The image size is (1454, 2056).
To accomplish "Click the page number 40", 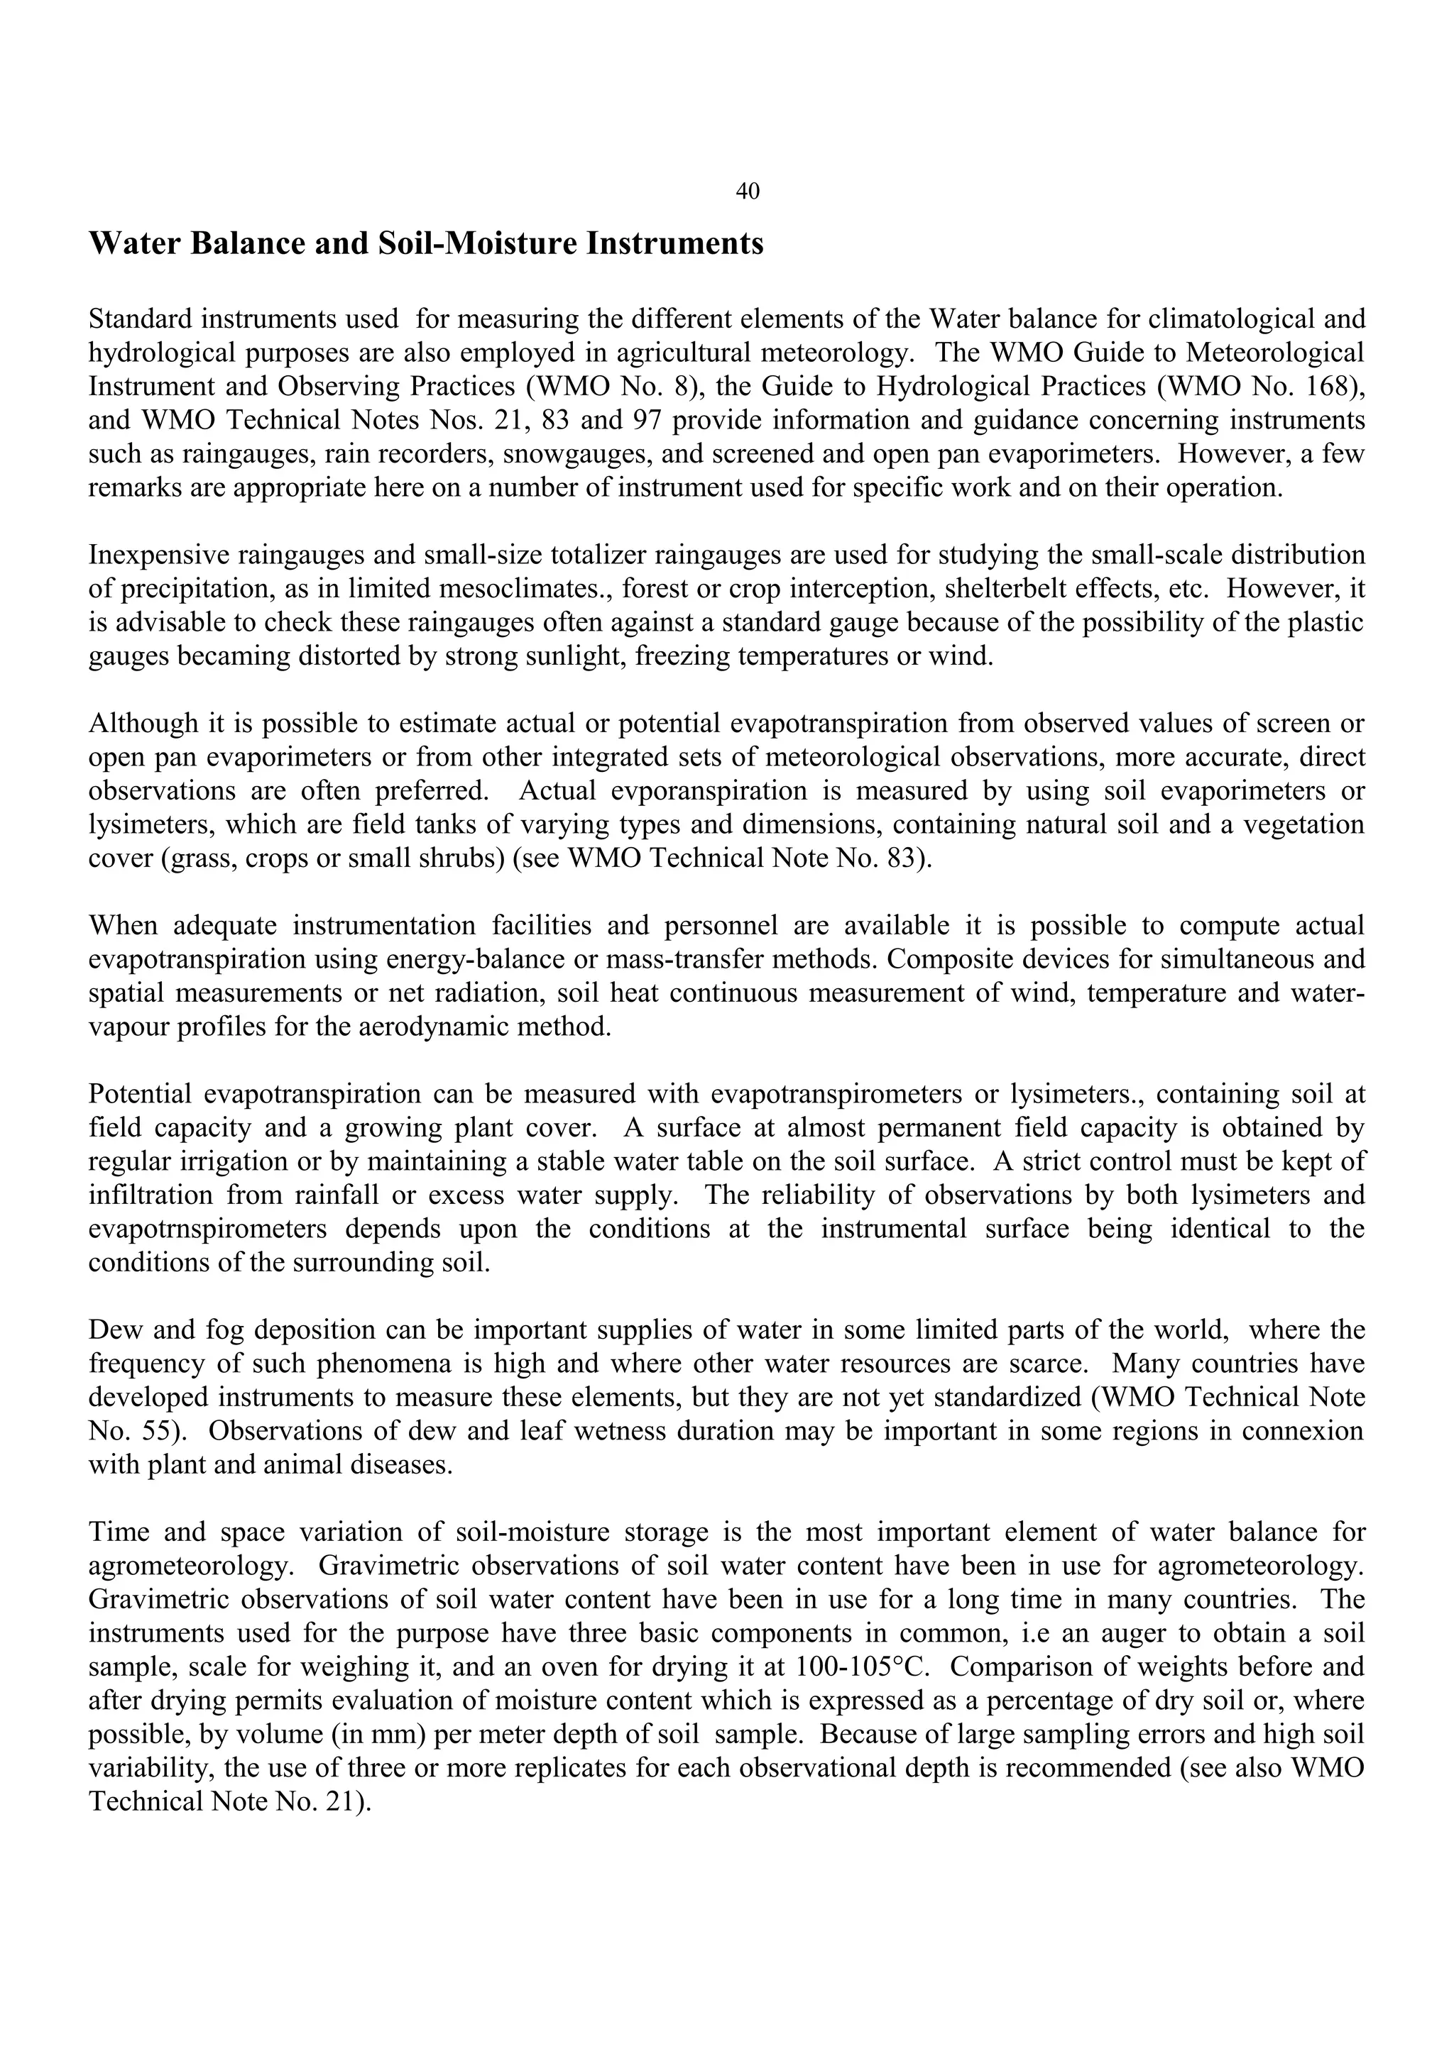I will point(747,191).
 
